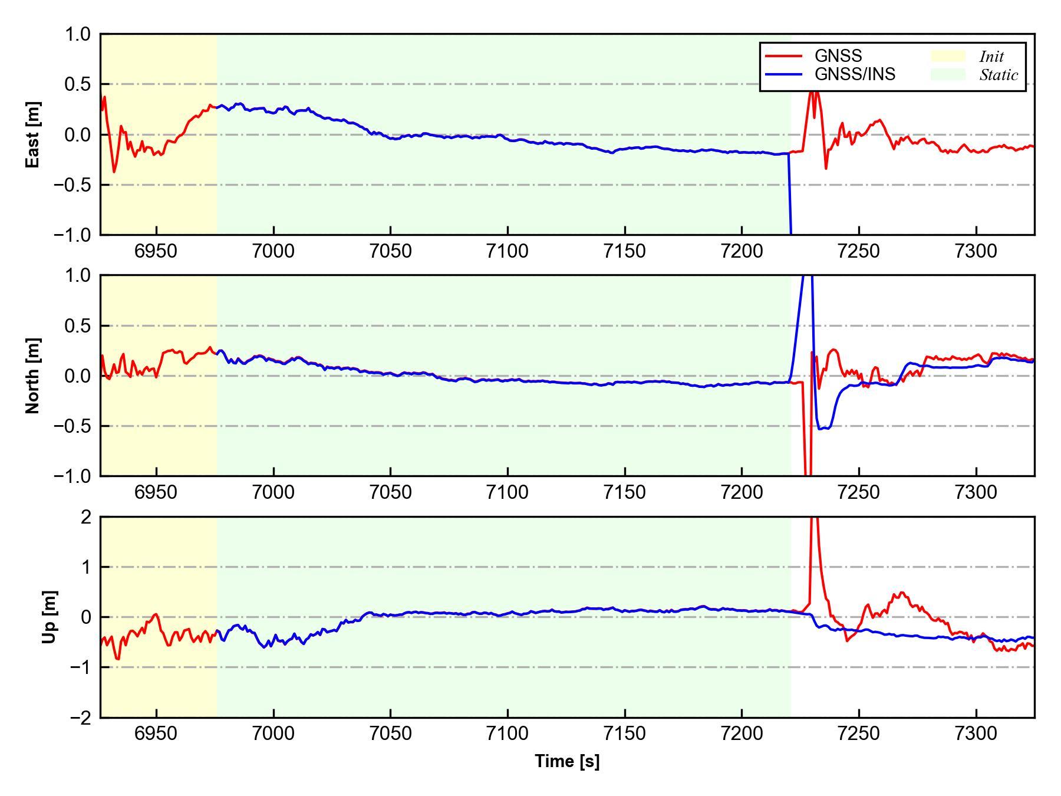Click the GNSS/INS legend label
coord(855,74)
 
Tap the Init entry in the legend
coord(991,57)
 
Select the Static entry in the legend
coord(999,75)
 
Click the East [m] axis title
coord(34,134)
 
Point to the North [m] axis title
coord(34,376)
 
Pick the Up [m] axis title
coord(50,617)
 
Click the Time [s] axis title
coord(567,761)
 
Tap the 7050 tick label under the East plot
coord(390,251)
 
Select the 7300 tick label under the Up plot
coord(976,734)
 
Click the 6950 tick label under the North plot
coord(156,492)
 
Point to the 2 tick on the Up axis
coord(86,517)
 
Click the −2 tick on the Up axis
coord(81,718)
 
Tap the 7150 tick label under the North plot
coord(625,492)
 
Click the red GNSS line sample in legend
coord(783,56)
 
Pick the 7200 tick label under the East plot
coord(742,251)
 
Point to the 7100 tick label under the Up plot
coord(508,734)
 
